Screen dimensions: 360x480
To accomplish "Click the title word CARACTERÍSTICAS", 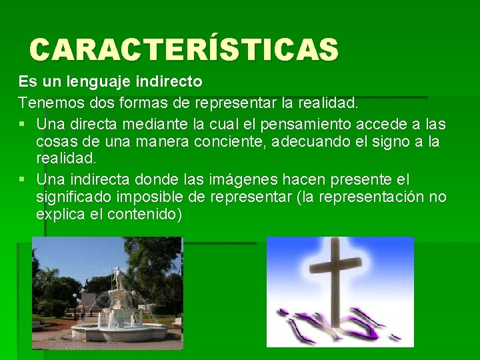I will pyautogui.click(x=184, y=49).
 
